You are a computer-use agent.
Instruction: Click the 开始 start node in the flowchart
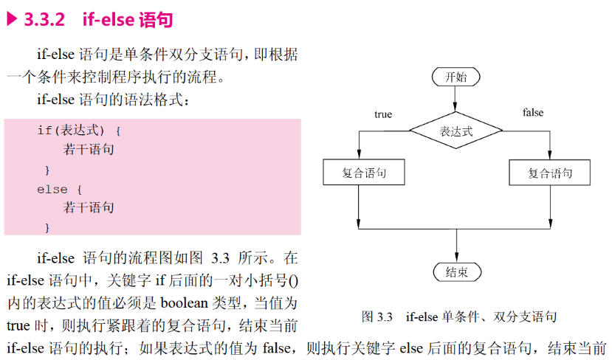click(456, 77)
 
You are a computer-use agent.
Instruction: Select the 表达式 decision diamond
click(456, 132)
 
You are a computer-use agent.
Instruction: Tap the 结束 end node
click(457, 271)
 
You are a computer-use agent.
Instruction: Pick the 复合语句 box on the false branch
click(550, 173)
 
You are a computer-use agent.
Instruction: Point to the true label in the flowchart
click(383, 114)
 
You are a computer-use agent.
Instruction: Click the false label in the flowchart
click(533, 113)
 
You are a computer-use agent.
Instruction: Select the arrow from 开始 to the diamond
click(456, 100)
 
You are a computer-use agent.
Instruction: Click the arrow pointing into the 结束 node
click(457, 255)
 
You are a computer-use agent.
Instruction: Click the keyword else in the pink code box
click(52, 190)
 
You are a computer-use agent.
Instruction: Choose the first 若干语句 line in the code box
click(89, 150)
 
